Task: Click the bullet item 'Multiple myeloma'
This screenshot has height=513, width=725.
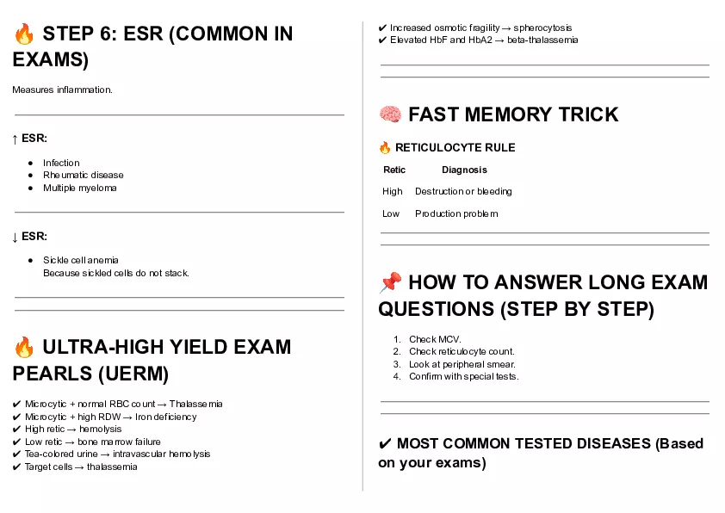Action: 79,188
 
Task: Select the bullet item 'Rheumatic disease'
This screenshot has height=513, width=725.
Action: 83,175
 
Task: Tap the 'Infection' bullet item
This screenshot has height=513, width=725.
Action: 61,163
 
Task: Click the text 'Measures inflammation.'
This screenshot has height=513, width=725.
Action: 62,90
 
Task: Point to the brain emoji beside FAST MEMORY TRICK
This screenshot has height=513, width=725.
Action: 390,114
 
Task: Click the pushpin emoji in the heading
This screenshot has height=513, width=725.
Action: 390,282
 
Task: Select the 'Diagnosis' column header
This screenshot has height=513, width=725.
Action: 464,170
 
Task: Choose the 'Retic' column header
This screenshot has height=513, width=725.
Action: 394,170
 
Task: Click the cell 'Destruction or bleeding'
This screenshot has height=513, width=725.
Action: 463,191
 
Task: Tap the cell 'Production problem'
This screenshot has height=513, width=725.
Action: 456,213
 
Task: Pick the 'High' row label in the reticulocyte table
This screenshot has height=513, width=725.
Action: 393,191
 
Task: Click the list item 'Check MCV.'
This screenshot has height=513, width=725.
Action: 435,339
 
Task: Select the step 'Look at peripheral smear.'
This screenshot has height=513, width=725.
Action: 462,364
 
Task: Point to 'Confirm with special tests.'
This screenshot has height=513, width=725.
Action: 463,376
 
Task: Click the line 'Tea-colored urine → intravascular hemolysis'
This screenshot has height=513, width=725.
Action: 117,454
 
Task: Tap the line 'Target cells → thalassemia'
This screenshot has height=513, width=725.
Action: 81,467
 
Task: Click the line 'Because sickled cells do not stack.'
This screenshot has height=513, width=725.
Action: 115,273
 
